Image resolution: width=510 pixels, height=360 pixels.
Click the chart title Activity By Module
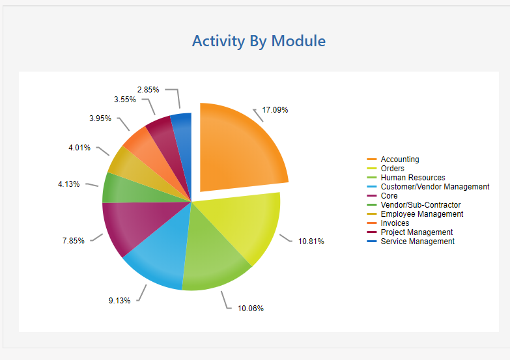[259, 41]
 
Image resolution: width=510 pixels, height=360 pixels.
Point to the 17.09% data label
[275, 110]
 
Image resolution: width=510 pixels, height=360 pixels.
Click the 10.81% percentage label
[311, 242]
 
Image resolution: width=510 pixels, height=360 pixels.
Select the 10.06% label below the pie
[251, 309]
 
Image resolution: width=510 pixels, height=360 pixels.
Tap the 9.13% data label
[119, 301]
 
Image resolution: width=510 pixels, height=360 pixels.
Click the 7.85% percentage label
[73, 241]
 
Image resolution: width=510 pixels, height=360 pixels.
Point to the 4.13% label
[68, 184]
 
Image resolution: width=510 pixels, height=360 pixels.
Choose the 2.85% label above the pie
[148, 89]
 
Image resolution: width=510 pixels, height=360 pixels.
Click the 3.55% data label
[124, 100]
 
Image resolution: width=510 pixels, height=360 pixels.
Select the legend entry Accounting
[399, 159]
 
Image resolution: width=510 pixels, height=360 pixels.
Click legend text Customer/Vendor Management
[434, 187]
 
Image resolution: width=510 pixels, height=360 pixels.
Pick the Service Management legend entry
[417, 242]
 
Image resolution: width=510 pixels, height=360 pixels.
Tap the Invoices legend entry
[396, 223]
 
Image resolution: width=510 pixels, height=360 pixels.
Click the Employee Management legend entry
[421, 214]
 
